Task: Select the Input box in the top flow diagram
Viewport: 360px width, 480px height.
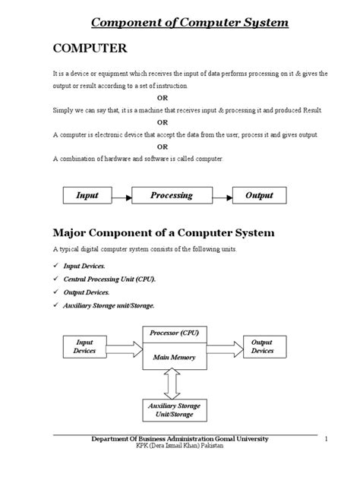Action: point(87,196)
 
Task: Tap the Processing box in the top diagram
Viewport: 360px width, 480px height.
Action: point(171,196)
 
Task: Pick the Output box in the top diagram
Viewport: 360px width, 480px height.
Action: point(259,196)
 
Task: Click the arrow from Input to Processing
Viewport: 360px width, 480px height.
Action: point(122,196)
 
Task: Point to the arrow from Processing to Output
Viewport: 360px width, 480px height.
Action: point(221,196)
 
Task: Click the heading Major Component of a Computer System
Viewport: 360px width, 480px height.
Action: point(163,231)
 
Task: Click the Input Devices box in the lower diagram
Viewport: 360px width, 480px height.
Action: point(84,346)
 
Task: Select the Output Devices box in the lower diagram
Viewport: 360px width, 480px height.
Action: point(262,346)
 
